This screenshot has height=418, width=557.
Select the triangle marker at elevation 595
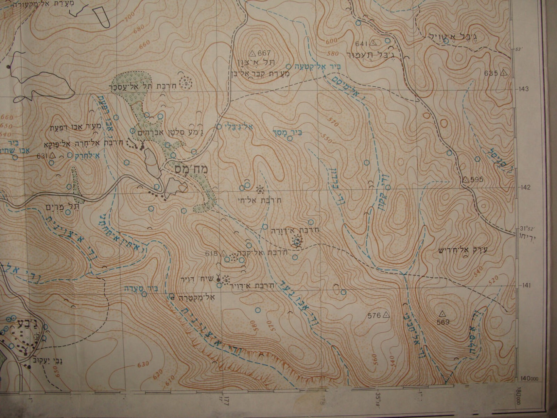pyautogui.click(x=465, y=179)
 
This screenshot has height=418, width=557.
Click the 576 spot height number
pyautogui.click(x=374, y=316)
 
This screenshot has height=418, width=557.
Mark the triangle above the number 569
pyautogui.click(x=442, y=313)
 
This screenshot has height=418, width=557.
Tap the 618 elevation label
pyautogui.click(x=212, y=253)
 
